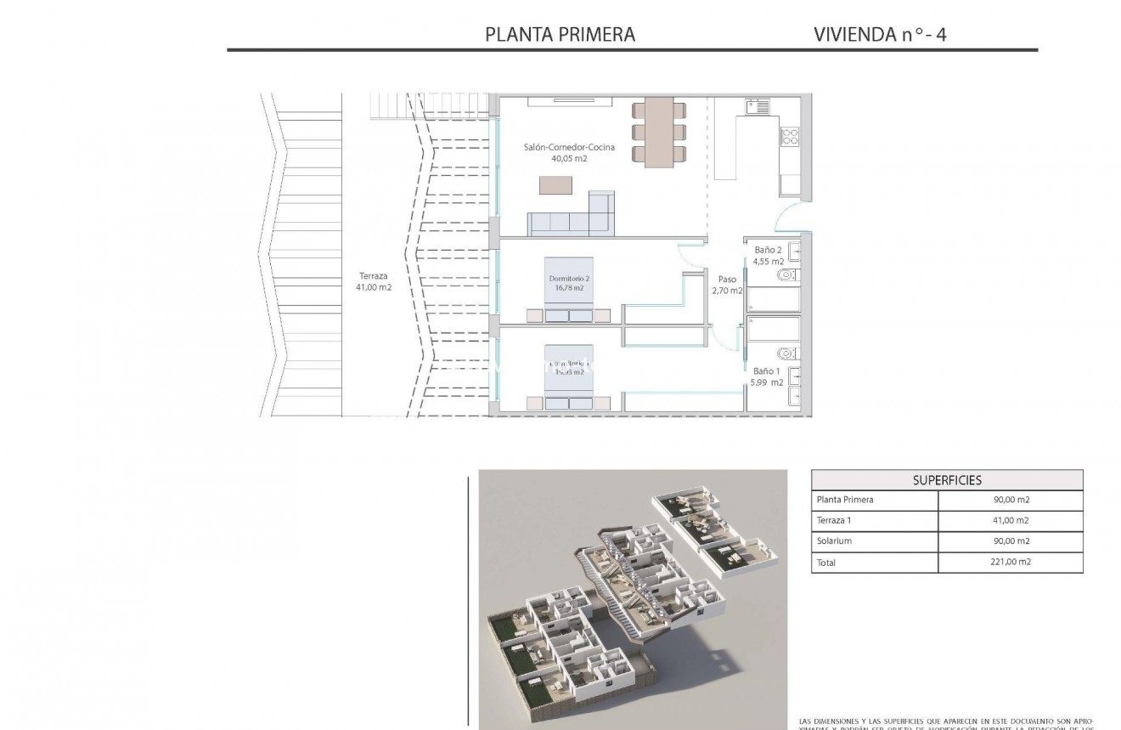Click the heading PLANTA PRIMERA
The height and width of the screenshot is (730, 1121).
tap(560, 34)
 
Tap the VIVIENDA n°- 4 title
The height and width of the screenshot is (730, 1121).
tap(880, 34)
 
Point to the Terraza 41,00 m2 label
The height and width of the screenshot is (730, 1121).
tap(374, 281)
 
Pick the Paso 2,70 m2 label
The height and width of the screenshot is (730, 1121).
tap(727, 285)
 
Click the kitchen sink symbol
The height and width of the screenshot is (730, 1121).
tap(758, 107)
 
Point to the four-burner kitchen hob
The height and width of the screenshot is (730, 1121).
tap(790, 135)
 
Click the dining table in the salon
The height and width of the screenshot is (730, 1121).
tap(659, 132)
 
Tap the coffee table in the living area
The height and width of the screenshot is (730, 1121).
tap(555, 184)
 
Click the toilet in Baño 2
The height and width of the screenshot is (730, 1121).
tap(786, 274)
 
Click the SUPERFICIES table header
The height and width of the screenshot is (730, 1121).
tap(947, 480)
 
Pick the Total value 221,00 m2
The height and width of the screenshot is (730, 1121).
tap(1010, 562)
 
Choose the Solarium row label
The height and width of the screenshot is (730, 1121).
tap(834, 541)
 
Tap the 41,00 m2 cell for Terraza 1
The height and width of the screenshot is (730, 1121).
tap(1010, 521)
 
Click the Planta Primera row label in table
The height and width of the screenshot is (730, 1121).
tap(844, 500)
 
